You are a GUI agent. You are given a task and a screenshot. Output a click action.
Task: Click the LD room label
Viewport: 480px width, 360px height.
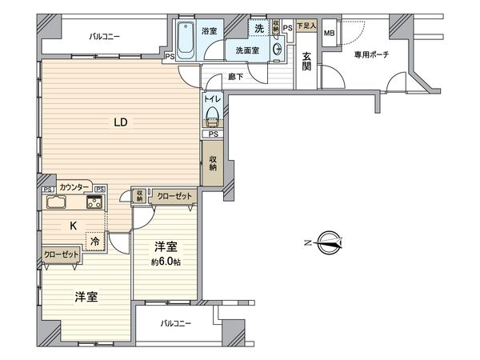click(x=121, y=122)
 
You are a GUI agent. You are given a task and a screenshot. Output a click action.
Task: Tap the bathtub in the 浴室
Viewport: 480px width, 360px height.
click(x=186, y=39)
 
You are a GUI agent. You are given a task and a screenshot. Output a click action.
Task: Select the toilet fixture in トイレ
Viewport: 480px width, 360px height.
click(x=213, y=117)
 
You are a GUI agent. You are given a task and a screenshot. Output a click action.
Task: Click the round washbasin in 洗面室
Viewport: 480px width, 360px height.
click(x=278, y=49)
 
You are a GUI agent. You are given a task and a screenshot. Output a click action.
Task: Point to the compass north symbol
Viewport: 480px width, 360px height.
click(x=325, y=242)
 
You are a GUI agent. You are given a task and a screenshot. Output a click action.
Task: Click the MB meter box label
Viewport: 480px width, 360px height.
click(x=329, y=34)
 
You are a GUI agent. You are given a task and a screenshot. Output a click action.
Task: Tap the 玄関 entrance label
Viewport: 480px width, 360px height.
click(x=306, y=62)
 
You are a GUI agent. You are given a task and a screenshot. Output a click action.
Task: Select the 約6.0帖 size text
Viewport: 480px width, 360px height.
click(x=166, y=262)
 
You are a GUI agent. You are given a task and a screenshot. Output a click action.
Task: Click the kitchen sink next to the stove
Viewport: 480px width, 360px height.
click(x=56, y=202)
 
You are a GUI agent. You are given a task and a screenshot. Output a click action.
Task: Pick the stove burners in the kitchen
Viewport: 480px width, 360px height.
click(x=94, y=202)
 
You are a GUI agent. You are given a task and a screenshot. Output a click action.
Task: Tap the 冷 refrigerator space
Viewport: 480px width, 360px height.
click(x=94, y=242)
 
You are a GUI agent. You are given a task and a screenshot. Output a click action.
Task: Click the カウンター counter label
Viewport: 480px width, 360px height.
click(x=74, y=187)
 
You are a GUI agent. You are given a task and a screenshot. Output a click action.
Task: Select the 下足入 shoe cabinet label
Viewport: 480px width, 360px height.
click(x=306, y=26)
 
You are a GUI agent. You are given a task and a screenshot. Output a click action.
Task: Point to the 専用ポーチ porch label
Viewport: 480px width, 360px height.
click(x=372, y=54)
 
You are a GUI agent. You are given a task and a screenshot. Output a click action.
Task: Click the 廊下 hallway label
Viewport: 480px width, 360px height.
click(x=236, y=77)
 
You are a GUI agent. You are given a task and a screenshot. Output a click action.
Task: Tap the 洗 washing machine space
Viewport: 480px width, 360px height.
click(x=259, y=29)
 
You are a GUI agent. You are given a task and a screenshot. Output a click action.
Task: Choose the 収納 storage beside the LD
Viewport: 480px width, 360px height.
click(x=213, y=163)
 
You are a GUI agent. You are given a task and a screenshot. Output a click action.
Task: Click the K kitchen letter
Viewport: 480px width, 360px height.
click(x=73, y=226)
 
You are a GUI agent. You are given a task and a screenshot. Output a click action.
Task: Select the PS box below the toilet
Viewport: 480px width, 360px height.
click(x=214, y=134)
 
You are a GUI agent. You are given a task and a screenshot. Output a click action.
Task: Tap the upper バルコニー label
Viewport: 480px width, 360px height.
click(x=104, y=37)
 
